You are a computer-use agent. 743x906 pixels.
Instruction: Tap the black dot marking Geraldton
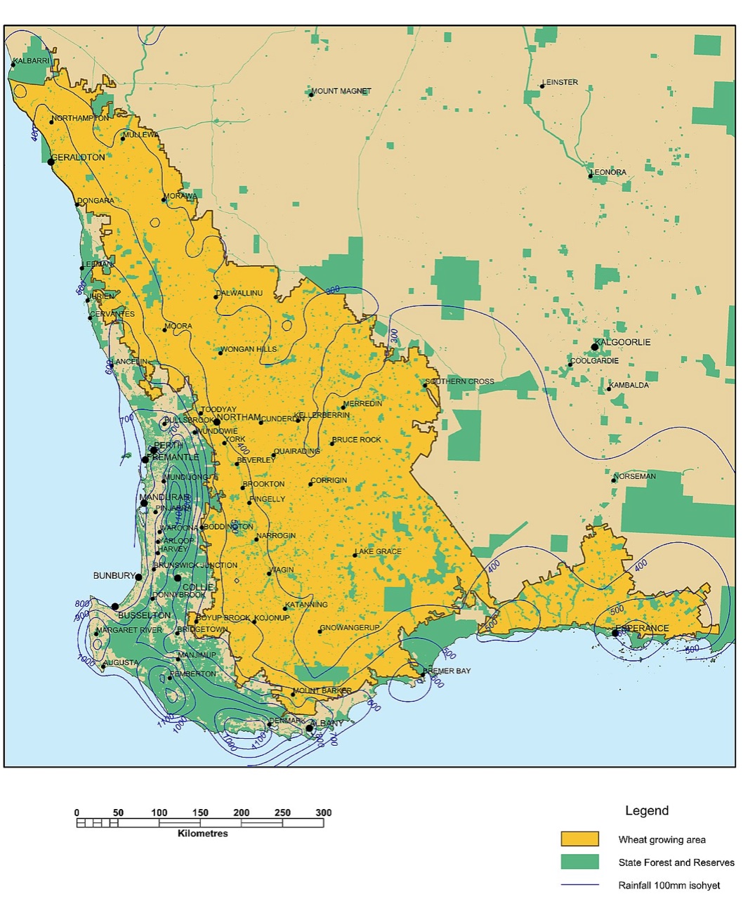[x=51, y=162]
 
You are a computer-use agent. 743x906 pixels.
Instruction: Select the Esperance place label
[x=643, y=628]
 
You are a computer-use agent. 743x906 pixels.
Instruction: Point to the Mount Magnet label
[x=342, y=91]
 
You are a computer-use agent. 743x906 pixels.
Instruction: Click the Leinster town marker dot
[x=542, y=86]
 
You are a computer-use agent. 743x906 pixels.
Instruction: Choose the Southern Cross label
[x=461, y=381]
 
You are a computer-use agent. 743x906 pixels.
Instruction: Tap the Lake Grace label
[x=379, y=551]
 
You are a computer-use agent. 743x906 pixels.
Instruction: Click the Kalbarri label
[x=32, y=61]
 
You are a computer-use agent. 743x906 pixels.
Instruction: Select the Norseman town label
[x=636, y=476]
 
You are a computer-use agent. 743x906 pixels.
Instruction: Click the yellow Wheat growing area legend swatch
[x=579, y=839]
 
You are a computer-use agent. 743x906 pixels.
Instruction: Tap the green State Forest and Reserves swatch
[x=579, y=862]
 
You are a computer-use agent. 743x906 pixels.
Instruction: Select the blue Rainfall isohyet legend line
[x=579, y=885]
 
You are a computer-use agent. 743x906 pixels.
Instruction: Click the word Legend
[x=647, y=810]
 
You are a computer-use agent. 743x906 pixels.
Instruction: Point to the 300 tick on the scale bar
[x=323, y=813]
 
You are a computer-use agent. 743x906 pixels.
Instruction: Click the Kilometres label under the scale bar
[x=202, y=834]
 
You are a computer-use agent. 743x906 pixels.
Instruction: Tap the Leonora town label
[x=609, y=172]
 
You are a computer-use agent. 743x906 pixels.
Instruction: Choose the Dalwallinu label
[x=240, y=293]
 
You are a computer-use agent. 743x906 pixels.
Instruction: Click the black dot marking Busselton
[x=115, y=606]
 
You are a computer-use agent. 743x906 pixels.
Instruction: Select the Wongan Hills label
[x=249, y=349]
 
